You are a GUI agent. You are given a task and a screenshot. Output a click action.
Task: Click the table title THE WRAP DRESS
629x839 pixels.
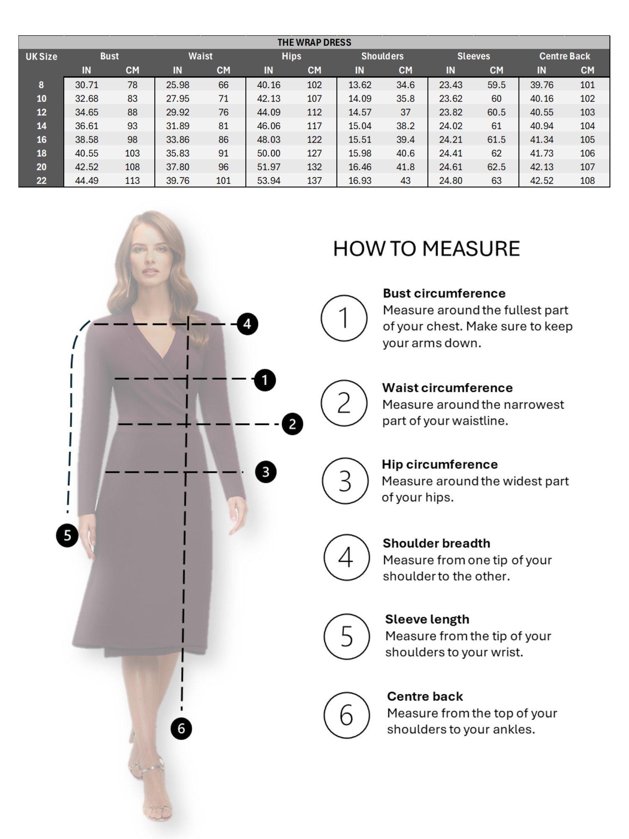click(314, 42)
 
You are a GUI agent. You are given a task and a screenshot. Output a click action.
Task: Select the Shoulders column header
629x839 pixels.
click(382, 56)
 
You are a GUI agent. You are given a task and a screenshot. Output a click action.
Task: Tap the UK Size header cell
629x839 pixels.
click(41, 57)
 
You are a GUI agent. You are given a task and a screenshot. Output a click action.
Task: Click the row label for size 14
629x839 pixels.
click(41, 126)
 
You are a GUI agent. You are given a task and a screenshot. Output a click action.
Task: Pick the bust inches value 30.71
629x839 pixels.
click(86, 85)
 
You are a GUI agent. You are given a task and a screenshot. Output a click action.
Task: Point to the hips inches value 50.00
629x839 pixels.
click(268, 153)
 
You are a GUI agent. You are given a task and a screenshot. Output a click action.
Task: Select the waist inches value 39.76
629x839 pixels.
click(177, 180)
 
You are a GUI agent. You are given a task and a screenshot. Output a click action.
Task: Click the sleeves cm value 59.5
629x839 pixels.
click(496, 85)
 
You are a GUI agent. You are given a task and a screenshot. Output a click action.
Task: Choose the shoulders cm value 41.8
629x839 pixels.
click(405, 167)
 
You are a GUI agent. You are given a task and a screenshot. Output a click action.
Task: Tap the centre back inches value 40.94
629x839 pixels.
click(541, 126)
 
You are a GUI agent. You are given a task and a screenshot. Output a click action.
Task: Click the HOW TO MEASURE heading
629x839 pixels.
click(426, 248)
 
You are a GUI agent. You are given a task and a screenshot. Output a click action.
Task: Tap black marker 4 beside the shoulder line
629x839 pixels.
click(247, 324)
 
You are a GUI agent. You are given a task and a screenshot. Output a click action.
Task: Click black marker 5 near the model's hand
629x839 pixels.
click(67, 536)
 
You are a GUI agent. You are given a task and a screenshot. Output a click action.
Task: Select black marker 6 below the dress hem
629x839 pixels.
click(181, 728)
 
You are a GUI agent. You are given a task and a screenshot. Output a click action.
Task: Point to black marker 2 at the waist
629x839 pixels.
click(292, 424)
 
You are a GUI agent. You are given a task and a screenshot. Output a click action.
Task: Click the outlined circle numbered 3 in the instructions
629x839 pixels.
click(345, 481)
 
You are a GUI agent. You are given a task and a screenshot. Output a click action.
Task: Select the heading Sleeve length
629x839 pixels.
click(427, 619)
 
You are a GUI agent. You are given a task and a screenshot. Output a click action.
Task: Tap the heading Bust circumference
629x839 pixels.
click(444, 293)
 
